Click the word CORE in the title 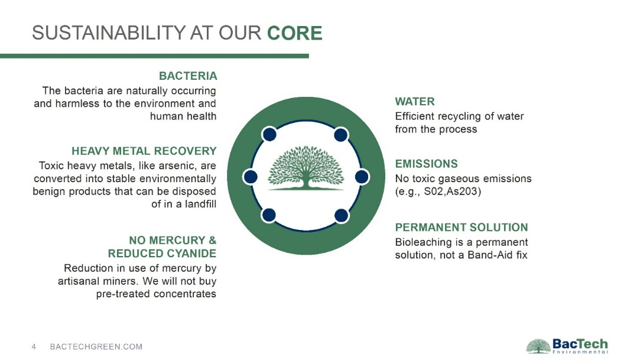click(x=295, y=33)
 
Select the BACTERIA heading click(x=188, y=76)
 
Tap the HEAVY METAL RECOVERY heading click(x=144, y=151)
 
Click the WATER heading click(x=415, y=102)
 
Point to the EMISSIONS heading click(x=427, y=164)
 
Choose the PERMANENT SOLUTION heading click(x=462, y=228)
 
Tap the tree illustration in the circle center click(x=306, y=168)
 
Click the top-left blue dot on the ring click(x=269, y=134)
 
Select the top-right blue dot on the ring click(x=341, y=135)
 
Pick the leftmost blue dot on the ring click(x=250, y=177)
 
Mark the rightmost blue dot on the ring click(x=362, y=177)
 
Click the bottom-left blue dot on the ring click(x=268, y=215)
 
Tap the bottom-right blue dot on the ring click(x=341, y=216)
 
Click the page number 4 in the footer click(x=34, y=347)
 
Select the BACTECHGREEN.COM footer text click(x=96, y=347)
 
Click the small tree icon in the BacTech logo click(x=538, y=346)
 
